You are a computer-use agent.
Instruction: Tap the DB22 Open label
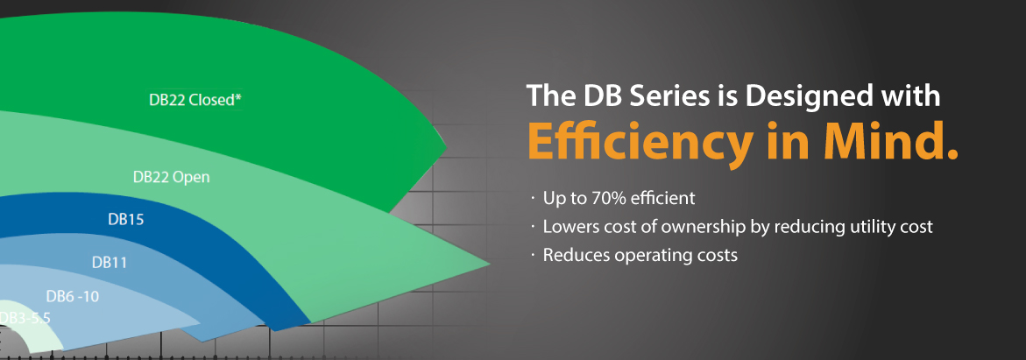coord(172,177)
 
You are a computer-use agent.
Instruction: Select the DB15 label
coord(125,219)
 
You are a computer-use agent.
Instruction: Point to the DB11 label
coord(110,263)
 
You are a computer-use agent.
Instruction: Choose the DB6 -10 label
coord(73,297)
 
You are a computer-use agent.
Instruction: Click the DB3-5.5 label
coord(25,318)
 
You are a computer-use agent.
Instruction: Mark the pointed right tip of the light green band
coord(490,264)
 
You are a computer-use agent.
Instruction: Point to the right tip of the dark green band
coord(446,145)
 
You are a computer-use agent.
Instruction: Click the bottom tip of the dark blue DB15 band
coord(308,323)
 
